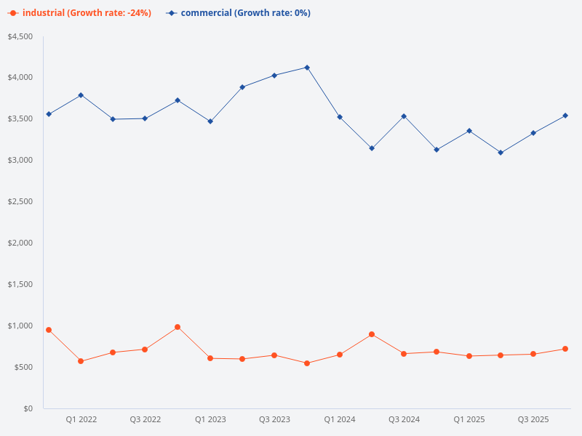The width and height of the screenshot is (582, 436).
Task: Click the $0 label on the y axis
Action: pos(28,408)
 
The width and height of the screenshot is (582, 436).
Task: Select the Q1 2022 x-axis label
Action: pos(81,419)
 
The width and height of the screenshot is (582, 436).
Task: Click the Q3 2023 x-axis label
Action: pos(274,419)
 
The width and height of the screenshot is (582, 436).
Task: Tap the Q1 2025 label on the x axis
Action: pos(469,419)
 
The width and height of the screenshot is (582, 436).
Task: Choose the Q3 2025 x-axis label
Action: pos(533,419)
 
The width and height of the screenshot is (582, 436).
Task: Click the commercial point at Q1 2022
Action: pos(81,95)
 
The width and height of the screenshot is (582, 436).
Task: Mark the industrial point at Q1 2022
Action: pos(81,361)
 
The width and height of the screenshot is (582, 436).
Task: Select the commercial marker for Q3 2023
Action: pos(274,76)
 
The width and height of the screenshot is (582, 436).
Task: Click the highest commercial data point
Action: pos(307,68)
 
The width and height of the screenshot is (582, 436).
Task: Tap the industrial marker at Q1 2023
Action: pos(210,358)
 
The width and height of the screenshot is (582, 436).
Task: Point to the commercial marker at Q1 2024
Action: pos(340,117)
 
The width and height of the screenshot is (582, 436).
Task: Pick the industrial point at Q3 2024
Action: pos(404,354)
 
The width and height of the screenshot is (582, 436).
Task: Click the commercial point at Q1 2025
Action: pos(469,131)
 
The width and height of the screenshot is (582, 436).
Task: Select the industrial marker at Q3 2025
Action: pos(533,354)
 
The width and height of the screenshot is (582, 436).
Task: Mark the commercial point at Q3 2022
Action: pos(145,118)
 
